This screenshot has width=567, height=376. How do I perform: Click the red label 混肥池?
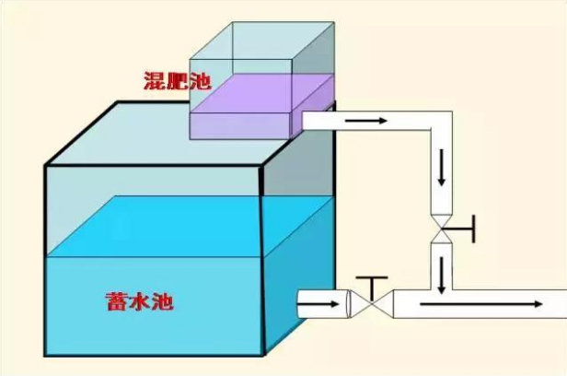point(177,81)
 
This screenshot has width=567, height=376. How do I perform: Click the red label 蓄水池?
point(140,301)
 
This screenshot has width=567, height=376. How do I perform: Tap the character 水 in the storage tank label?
point(140,301)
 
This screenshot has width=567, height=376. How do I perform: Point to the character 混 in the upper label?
point(155,81)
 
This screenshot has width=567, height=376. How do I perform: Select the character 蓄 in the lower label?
point(116,301)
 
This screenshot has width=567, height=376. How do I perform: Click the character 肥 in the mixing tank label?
point(177,81)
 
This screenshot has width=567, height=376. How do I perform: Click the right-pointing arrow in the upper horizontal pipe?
point(366,120)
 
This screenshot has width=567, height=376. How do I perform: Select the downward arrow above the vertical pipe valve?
point(441,169)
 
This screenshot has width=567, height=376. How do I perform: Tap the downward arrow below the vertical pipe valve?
point(441,275)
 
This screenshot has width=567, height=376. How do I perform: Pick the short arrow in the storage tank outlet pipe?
point(318,304)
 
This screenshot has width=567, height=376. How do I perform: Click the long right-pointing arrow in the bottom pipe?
point(480,304)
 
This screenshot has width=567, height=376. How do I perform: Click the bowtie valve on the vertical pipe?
point(442,229)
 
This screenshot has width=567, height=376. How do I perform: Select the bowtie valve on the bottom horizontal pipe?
point(372,303)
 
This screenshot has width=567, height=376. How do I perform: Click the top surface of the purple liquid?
point(261,93)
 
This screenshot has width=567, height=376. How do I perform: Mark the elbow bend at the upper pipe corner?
point(442,121)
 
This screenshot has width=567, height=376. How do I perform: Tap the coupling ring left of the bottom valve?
point(349,304)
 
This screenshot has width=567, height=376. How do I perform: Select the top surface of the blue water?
point(190,227)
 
